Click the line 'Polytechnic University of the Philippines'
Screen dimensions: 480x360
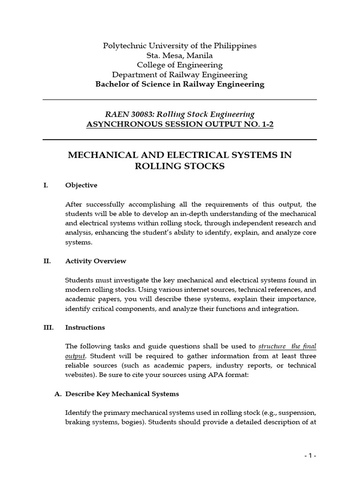[x=180, y=46]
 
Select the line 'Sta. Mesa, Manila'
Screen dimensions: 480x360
[x=180, y=55]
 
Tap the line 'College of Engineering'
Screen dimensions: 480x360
[x=180, y=65]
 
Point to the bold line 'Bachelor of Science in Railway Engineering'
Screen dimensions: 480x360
[x=180, y=84]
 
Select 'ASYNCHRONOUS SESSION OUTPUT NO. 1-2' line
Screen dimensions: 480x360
[x=180, y=124]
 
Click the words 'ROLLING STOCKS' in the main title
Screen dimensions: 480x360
[x=180, y=167]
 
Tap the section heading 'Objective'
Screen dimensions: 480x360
[x=82, y=185]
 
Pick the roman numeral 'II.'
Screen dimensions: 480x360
[x=47, y=261]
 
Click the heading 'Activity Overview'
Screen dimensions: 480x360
[x=96, y=261]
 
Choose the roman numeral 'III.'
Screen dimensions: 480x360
[x=48, y=327]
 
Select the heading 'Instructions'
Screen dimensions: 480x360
[x=85, y=327]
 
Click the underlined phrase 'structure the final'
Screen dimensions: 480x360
[x=287, y=346]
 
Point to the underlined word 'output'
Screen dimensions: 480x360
[x=75, y=356]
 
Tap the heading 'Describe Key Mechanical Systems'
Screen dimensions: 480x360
[x=122, y=394]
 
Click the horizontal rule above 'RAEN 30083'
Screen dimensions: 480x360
[x=180, y=100]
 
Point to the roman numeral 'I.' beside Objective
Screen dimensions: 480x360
[x=45, y=185]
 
